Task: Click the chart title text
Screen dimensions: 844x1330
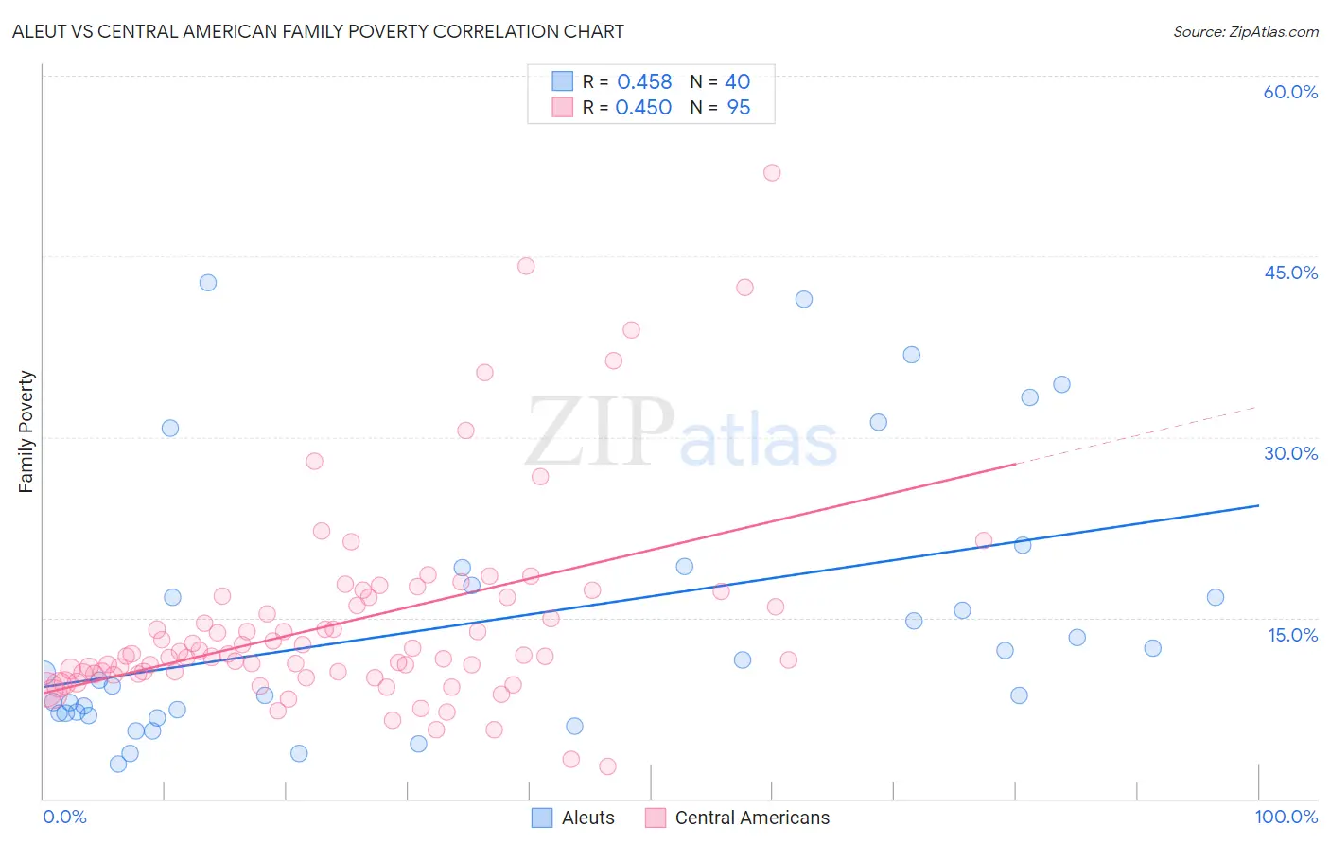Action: [318, 31]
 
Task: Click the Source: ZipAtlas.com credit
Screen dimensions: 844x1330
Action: [1245, 32]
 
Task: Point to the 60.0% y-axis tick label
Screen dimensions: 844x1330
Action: [1290, 92]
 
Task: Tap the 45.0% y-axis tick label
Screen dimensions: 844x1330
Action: [1290, 273]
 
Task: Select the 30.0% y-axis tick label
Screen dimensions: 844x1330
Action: [1290, 453]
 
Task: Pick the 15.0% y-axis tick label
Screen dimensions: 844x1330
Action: [1292, 635]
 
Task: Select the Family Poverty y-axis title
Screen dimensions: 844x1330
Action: [26, 431]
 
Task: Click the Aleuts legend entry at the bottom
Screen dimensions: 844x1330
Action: [573, 818]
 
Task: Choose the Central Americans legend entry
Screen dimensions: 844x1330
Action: [738, 818]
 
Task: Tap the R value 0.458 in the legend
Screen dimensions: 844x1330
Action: [644, 82]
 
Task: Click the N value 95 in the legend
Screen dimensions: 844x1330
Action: [738, 108]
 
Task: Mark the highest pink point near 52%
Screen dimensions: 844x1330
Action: [772, 172]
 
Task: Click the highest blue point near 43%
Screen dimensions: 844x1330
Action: [208, 283]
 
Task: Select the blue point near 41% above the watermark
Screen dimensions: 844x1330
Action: [804, 299]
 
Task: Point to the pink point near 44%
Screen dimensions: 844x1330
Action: [526, 266]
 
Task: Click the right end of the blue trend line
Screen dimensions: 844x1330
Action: [1258, 505]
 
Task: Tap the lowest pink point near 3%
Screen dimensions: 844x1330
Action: [607, 766]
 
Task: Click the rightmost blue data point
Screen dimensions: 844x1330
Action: [1216, 597]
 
